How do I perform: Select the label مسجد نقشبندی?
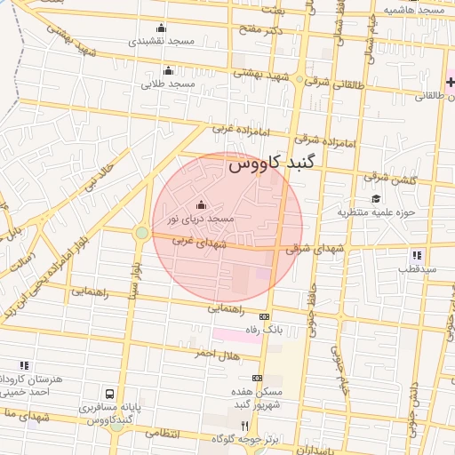(x=160, y=41)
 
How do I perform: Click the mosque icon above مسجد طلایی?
(x=168, y=71)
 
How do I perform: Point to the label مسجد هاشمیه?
(x=415, y=9)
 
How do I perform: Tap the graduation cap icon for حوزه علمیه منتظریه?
(x=376, y=199)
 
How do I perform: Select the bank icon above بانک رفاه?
(x=264, y=316)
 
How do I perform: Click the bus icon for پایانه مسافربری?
(x=109, y=393)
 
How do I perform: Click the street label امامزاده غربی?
(x=235, y=129)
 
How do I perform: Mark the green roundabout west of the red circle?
(x=141, y=233)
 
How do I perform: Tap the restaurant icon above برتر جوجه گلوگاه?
(x=245, y=426)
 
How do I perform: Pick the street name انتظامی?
(x=161, y=435)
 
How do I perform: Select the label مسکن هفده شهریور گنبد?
(x=258, y=398)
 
